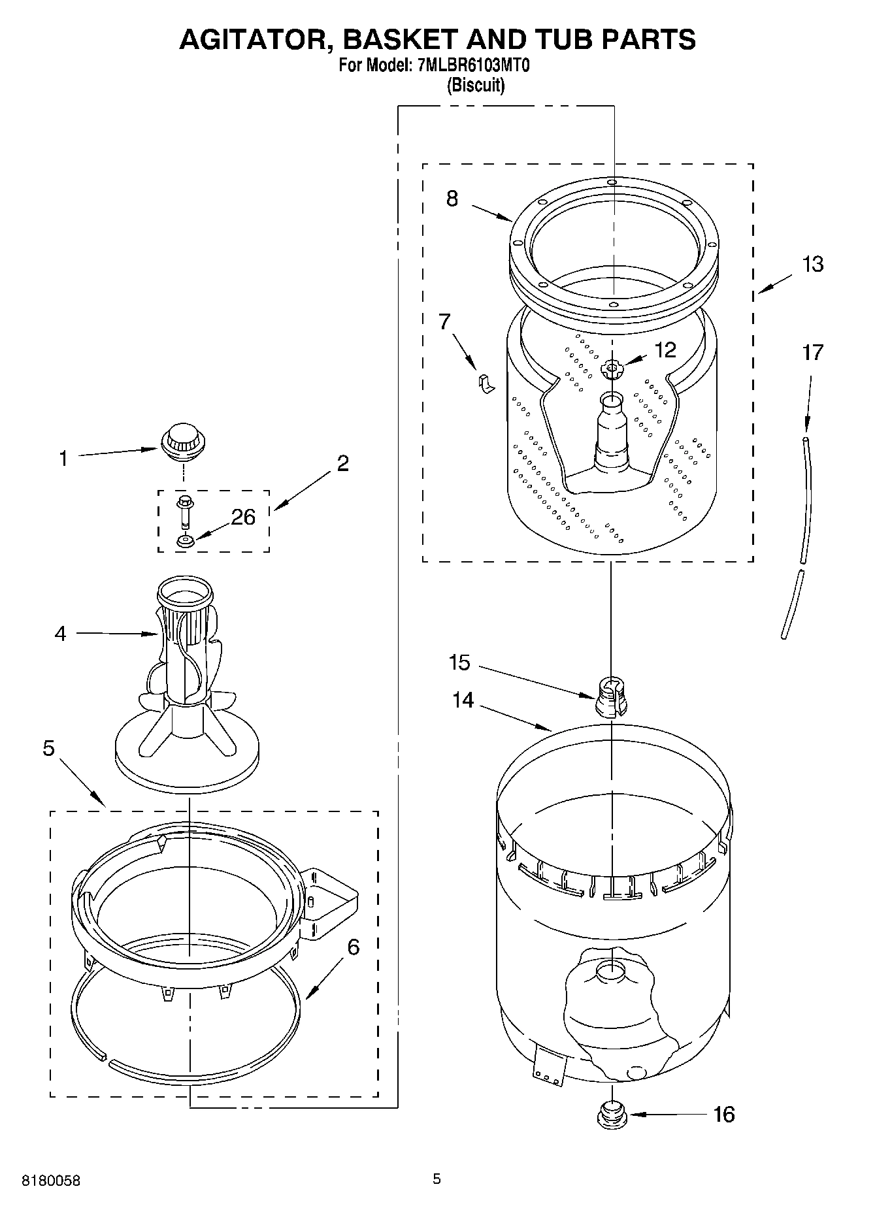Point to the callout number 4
point(60,633)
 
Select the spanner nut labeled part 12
point(612,370)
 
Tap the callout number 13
point(812,265)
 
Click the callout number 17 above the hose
point(812,353)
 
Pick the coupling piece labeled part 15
point(611,696)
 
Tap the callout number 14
point(463,700)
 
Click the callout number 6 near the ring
point(353,947)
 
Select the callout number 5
point(49,748)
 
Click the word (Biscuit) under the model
point(475,86)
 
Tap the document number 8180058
point(52,1181)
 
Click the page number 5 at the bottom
point(437,1179)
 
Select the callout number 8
point(452,198)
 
